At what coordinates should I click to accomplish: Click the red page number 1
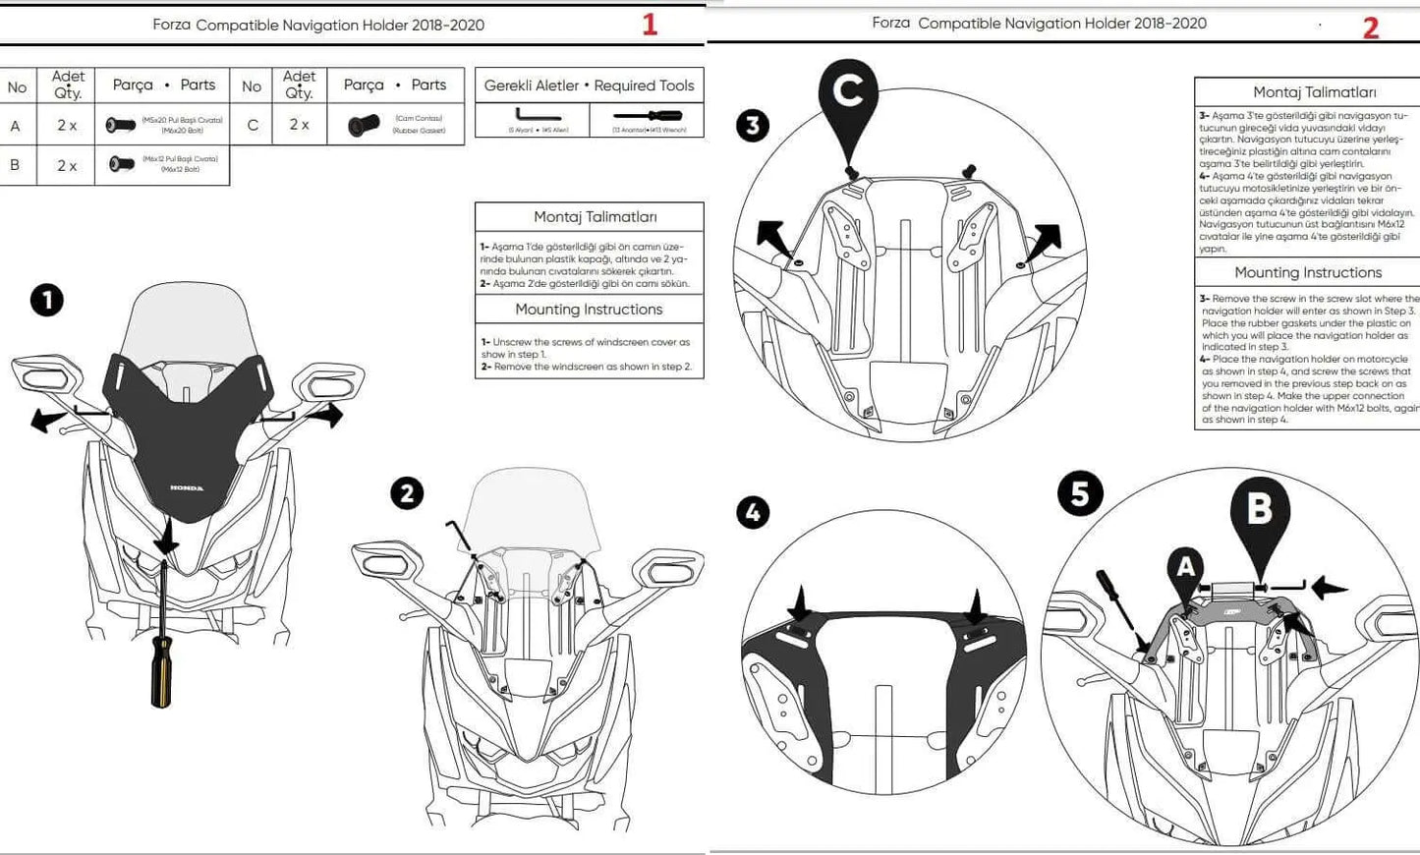650,25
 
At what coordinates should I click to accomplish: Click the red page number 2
1371,28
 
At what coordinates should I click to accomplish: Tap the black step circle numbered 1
47,300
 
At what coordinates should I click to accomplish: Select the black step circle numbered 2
407,492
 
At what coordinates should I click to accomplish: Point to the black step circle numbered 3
753,126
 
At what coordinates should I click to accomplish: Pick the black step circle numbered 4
753,512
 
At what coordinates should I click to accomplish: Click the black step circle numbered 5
1080,493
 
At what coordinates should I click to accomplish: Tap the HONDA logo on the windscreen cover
187,487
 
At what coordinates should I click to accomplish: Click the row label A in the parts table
15,126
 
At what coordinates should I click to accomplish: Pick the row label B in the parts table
15,165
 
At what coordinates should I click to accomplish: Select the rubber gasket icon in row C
364,126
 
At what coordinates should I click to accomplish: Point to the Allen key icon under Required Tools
538,117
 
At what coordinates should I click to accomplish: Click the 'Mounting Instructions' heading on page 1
589,310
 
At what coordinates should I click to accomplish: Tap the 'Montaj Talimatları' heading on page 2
1314,92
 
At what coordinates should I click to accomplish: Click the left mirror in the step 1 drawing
45,375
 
